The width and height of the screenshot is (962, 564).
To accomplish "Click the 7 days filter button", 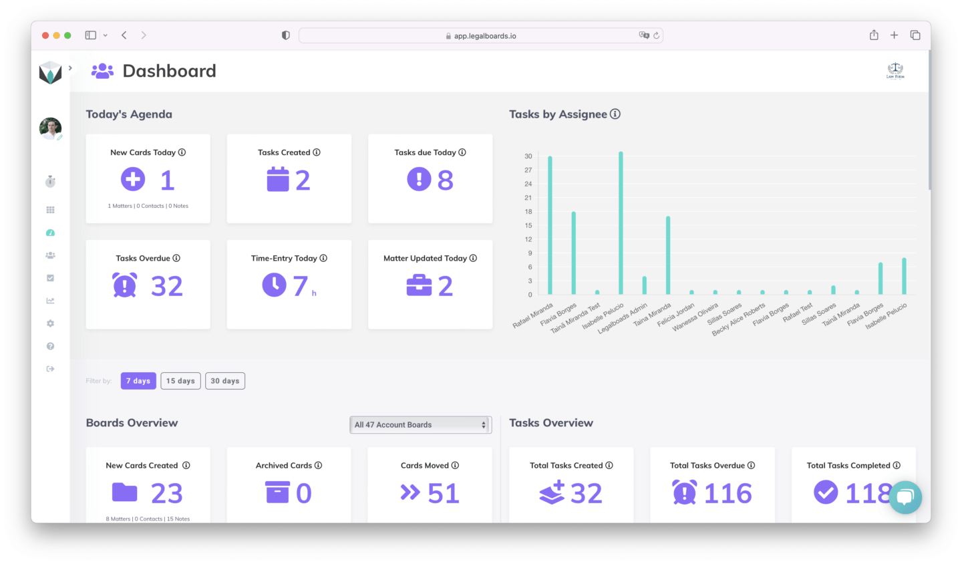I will [138, 381].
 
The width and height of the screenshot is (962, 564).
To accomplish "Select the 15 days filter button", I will [180, 381].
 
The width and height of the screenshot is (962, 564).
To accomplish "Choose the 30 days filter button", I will [224, 381].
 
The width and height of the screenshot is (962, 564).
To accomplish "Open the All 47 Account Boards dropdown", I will [420, 425].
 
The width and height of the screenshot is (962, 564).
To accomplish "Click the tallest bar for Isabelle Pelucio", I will [621, 224].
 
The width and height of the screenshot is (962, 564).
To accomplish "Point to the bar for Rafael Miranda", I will [550, 226].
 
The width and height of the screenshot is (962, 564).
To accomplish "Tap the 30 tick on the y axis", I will [528, 156].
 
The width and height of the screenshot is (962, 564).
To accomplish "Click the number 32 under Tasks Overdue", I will [166, 287].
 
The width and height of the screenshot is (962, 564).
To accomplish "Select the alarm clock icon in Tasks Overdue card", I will [124, 285].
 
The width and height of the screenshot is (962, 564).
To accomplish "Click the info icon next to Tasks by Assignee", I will [615, 114].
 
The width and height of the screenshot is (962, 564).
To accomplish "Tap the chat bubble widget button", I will [905, 497].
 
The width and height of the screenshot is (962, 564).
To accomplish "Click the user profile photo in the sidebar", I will [50, 128].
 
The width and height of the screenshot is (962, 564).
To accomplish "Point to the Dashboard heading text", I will [169, 71].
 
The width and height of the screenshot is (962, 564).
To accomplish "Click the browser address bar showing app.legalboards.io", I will [480, 36].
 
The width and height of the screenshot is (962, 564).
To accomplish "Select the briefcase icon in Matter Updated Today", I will [419, 286].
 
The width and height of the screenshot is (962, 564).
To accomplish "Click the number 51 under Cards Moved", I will [443, 494].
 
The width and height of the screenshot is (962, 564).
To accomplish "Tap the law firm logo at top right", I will [895, 70].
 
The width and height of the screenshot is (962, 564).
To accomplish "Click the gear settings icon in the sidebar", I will [50, 323].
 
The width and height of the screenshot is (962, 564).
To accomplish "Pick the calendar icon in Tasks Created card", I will [277, 180].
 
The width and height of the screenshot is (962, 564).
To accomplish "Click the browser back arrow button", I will [124, 35].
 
